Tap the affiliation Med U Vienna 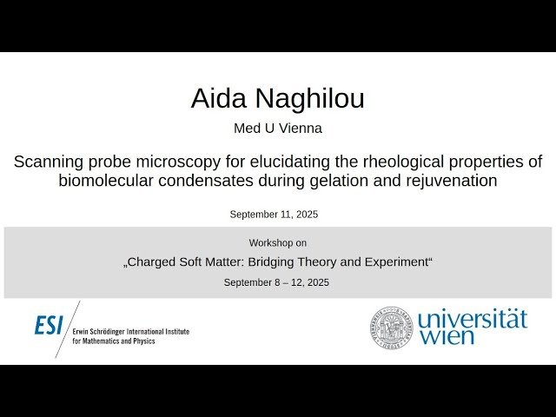(x=277, y=129)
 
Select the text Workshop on (x=277, y=243)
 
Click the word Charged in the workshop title (x=157, y=261)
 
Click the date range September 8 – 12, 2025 (x=277, y=282)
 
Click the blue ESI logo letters (x=49, y=326)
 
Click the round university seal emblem (x=391, y=327)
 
